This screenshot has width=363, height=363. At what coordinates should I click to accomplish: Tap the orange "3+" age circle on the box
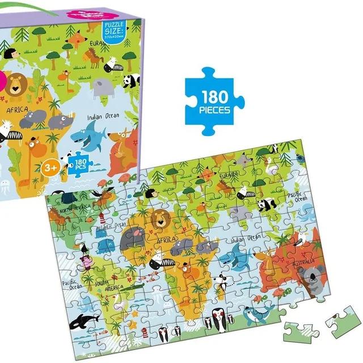click(x=50, y=167)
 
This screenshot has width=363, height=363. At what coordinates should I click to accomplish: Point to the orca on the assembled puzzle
click(x=83, y=321)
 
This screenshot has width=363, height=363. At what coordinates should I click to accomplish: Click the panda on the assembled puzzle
click(x=266, y=205)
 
